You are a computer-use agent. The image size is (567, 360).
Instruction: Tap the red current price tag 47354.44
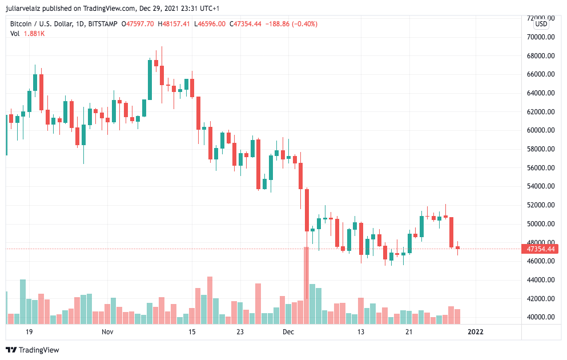point(540,249)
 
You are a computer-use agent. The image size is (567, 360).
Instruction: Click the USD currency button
point(541,25)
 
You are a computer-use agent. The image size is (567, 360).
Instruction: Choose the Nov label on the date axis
point(107,331)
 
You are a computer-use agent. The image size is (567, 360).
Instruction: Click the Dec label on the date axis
point(288,331)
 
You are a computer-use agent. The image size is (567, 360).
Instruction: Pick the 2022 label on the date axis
point(476,331)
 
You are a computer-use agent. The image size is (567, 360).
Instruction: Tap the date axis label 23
point(240,331)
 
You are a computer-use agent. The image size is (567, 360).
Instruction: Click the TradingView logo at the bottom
point(33,350)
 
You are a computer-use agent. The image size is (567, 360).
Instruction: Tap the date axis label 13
point(360,331)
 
